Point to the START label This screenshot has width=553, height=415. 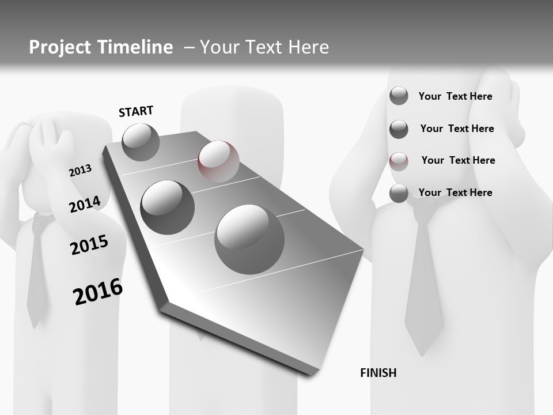(136, 111)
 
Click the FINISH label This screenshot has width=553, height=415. (378, 373)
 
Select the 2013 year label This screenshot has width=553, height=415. (80, 171)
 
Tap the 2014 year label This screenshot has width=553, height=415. (85, 204)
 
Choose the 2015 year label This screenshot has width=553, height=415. (89, 245)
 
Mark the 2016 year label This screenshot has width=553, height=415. (98, 291)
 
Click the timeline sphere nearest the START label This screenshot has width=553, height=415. (141, 142)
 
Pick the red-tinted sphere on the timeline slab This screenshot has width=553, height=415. (218, 161)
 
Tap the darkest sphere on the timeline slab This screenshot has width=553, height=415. (168, 207)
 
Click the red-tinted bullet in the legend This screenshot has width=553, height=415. (399, 161)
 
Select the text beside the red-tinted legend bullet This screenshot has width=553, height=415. (458, 160)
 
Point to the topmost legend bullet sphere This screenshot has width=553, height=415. (399, 96)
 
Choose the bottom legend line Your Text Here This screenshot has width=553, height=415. (455, 193)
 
